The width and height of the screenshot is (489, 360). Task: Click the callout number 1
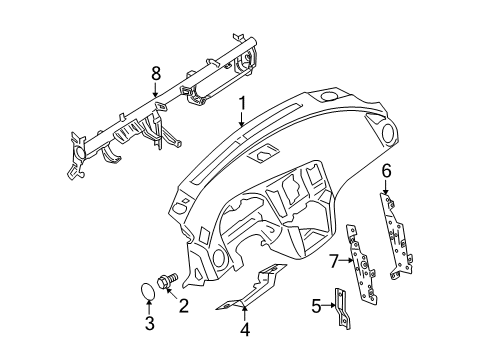point(241,104)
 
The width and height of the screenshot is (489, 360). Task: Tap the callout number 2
point(184,306)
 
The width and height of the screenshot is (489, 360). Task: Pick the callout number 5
point(317,305)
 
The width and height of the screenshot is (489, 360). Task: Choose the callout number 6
point(386,171)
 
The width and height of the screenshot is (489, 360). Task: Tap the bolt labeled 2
point(168,280)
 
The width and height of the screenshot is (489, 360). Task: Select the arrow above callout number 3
point(149,308)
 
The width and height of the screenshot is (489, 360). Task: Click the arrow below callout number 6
point(386,187)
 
